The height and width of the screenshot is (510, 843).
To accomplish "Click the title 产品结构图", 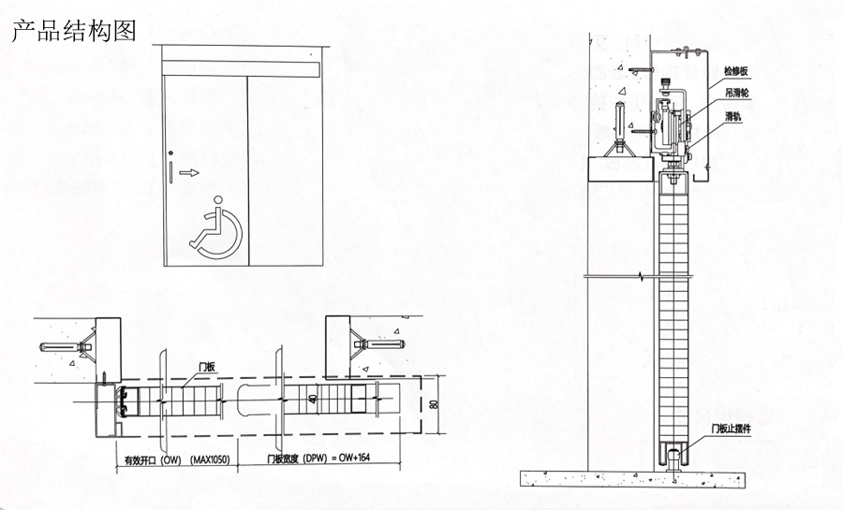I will coord(73,30).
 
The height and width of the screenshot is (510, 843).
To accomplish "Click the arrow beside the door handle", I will coord(190,172).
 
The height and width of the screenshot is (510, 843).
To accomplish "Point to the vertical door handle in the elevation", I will coord(172,172).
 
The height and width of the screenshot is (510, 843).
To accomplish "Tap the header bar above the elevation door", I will coord(242,67).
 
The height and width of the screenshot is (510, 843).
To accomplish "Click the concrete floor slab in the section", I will coord(674,479).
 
